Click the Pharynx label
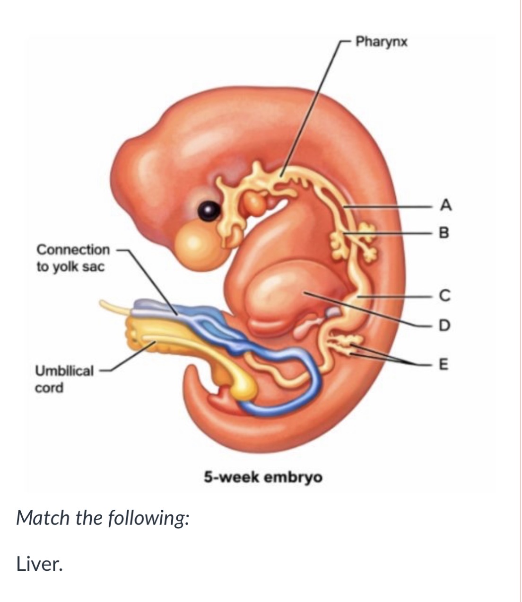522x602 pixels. pos(381,42)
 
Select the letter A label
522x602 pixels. pos(445,205)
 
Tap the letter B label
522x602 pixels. pos(444,232)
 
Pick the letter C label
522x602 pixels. pos(445,295)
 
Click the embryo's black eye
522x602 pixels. pos(209,211)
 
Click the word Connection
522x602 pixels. pos(73,250)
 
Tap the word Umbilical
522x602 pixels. pos(64,371)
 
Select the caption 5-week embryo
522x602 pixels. pos(263,477)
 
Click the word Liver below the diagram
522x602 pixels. pos(39,564)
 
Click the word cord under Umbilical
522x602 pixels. pos(49,388)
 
